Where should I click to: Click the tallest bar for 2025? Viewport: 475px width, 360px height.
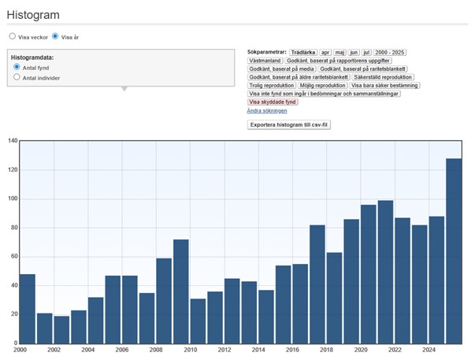(454, 251)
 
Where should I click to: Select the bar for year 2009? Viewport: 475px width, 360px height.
(181, 291)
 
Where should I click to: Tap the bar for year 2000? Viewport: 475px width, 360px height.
(28, 309)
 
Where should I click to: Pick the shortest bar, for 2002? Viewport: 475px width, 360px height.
(61, 330)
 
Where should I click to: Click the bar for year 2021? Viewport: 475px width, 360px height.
(386, 272)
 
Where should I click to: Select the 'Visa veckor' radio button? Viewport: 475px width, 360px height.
(12, 36)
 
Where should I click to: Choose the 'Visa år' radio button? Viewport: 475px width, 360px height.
(55, 36)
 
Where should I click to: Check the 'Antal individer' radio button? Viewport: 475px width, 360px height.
(17, 77)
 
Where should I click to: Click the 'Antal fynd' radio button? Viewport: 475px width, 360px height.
(17, 67)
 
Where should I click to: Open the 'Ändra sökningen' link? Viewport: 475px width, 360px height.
(267, 110)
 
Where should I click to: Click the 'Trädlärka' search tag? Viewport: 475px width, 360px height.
(303, 53)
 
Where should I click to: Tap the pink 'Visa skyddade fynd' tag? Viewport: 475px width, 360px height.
(273, 102)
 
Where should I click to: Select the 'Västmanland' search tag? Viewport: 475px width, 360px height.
(265, 61)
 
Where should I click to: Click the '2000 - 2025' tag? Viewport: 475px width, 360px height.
(390, 53)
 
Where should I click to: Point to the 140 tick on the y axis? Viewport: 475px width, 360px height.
(13, 140)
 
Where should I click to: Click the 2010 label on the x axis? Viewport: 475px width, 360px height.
(191, 350)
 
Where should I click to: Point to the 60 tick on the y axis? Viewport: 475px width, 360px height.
(14, 256)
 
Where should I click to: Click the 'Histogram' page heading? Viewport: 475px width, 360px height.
(33, 15)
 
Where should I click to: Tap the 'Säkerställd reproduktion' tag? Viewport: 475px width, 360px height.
(383, 77)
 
